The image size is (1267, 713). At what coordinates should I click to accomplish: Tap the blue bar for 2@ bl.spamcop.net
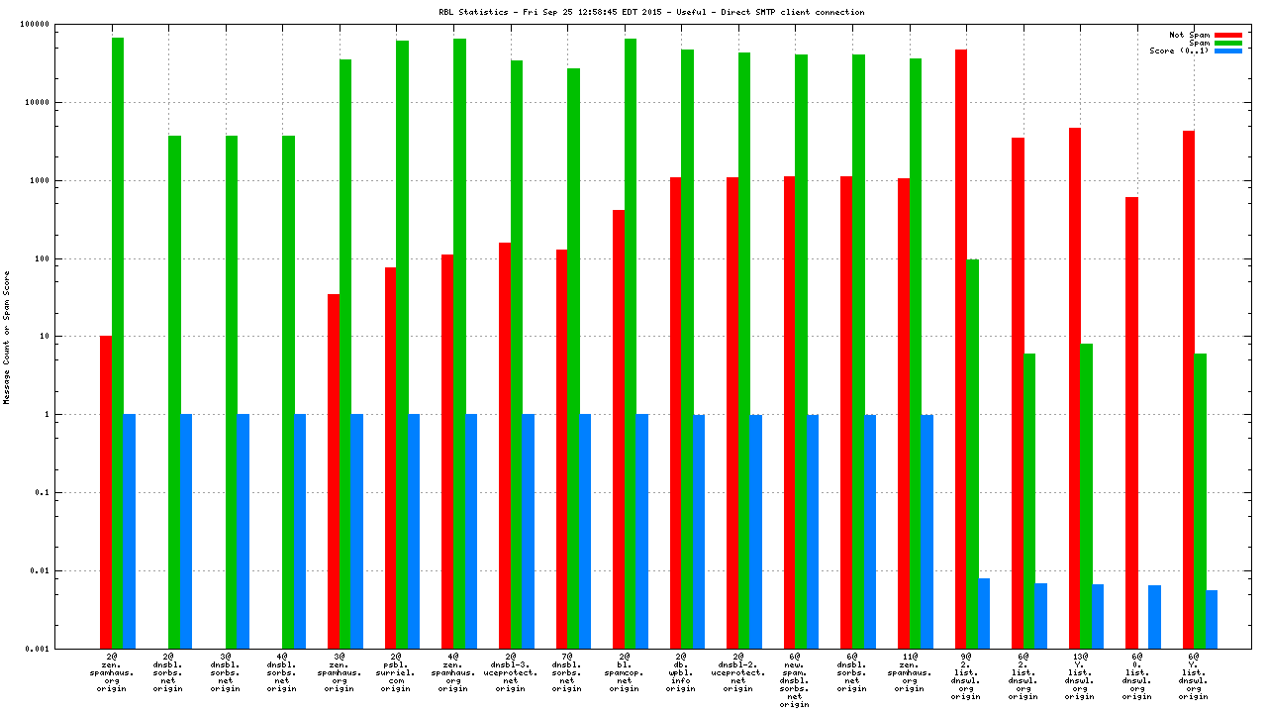tap(641, 531)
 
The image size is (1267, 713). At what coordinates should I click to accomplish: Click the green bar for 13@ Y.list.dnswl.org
tap(1086, 496)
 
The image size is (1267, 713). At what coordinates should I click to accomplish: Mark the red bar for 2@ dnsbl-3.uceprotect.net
tap(505, 446)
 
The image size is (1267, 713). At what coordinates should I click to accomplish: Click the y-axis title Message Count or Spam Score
tap(6, 337)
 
